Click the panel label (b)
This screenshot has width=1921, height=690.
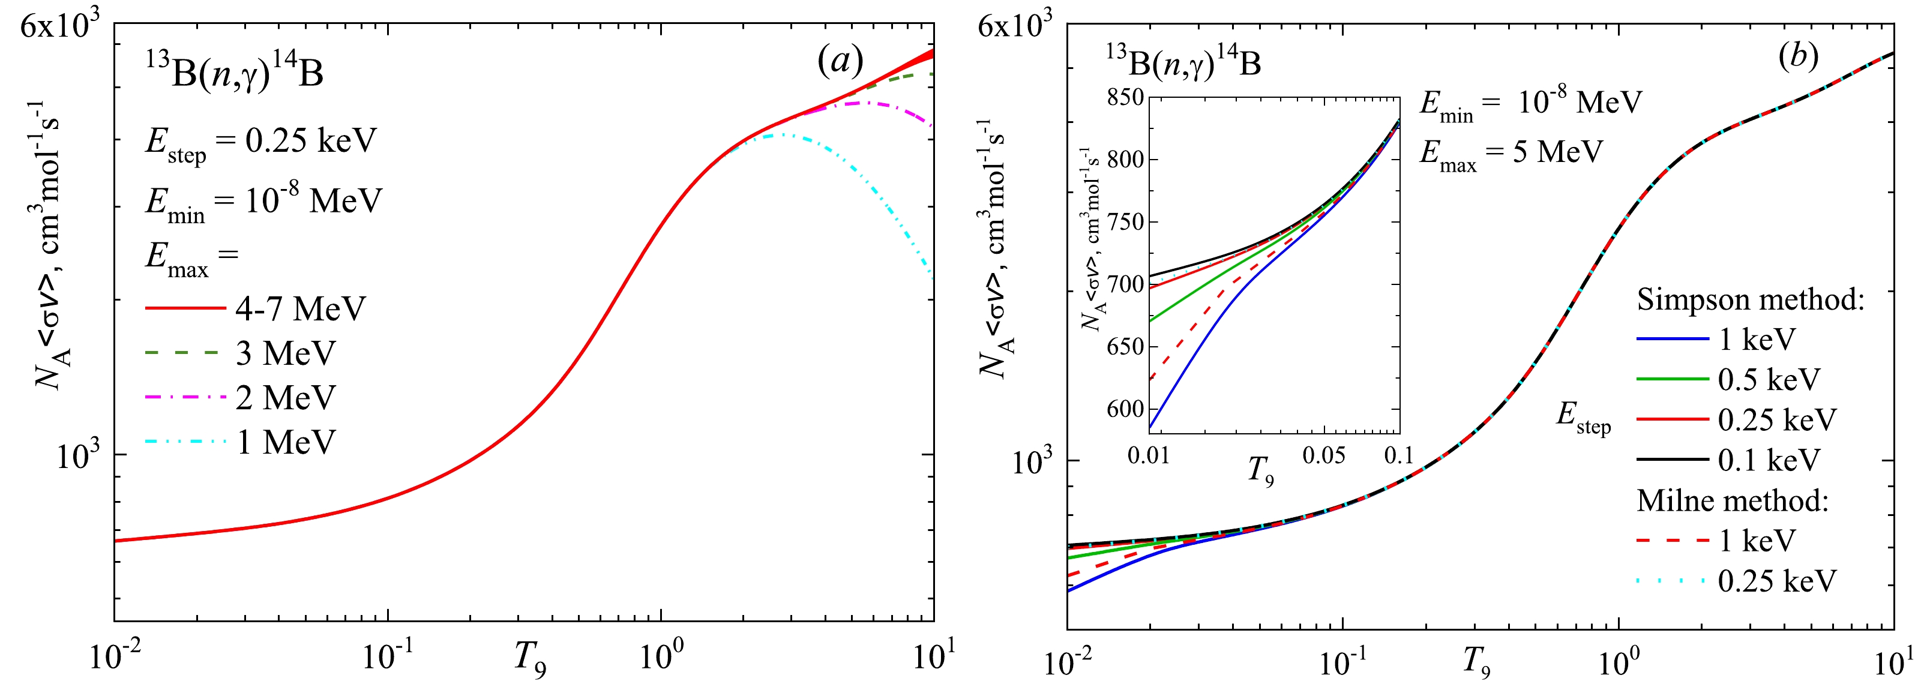click(x=1798, y=56)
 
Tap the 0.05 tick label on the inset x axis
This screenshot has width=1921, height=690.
click(x=1324, y=455)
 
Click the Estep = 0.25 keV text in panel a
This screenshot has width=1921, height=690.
click(x=261, y=142)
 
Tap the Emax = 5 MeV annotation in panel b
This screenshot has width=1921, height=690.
click(x=1510, y=154)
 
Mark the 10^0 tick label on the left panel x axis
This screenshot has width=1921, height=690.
click(x=661, y=656)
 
